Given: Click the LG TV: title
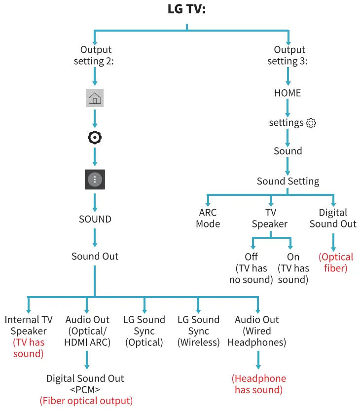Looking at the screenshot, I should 186,10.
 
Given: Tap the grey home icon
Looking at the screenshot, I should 95,98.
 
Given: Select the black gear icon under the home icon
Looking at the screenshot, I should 95,138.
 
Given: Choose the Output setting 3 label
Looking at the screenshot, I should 288,55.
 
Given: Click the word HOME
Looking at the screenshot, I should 288,93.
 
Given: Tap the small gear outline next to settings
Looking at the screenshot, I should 311,123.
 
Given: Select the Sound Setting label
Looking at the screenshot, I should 288,181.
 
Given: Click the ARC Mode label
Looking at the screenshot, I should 208,218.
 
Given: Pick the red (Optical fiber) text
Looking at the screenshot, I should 336,262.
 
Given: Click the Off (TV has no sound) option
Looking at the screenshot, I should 251,268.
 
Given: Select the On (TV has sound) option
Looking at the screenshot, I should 293,268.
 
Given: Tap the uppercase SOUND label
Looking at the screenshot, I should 95,219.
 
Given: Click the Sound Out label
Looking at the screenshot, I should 95,256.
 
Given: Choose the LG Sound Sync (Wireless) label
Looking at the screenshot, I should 198,331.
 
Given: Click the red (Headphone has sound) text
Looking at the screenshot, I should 258,384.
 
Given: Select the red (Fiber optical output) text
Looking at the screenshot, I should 86,401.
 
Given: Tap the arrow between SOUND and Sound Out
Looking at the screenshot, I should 95,238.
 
